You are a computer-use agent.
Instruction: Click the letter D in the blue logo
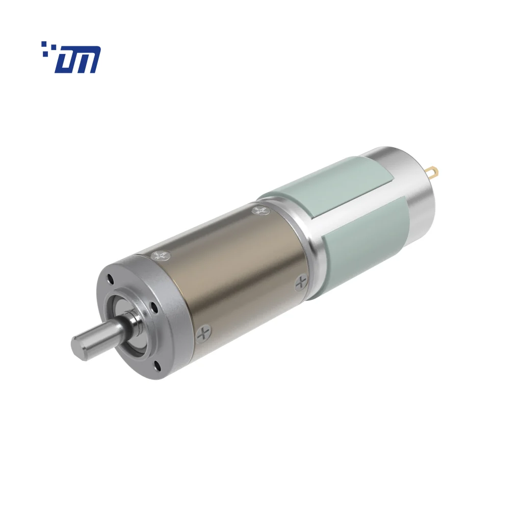[65, 61]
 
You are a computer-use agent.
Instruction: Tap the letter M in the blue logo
[87, 60]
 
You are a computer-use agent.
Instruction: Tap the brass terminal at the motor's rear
[432, 171]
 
